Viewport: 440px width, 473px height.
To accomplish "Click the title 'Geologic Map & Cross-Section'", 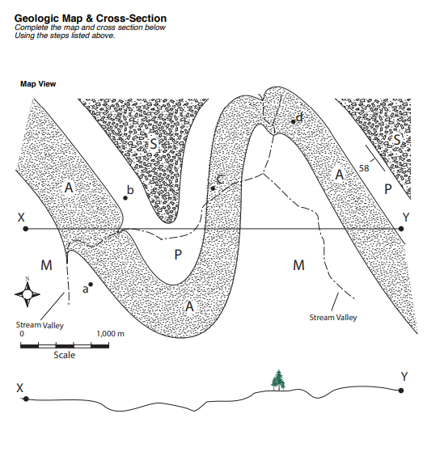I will pyautogui.click(x=91, y=19).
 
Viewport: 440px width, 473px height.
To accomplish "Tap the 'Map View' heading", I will pyautogui.click(x=38, y=83).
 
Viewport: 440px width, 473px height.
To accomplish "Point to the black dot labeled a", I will pyautogui.click(x=91, y=285).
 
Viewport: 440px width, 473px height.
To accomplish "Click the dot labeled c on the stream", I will pyautogui.click(x=213, y=188).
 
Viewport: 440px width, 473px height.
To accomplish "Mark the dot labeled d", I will pyautogui.click(x=292, y=123).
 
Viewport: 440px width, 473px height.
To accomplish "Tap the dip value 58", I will pyautogui.click(x=363, y=168).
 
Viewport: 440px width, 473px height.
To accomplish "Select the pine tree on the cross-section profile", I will pyautogui.click(x=279, y=379).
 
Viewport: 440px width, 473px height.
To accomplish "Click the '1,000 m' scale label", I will pyautogui.click(x=110, y=333).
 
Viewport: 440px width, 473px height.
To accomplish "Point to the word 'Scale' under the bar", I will pyautogui.click(x=65, y=355).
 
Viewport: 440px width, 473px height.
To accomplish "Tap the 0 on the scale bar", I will pyautogui.click(x=22, y=333).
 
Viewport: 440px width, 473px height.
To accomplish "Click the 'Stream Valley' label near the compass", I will pyautogui.click(x=40, y=325).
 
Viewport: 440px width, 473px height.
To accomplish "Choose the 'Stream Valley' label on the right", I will pyautogui.click(x=333, y=318).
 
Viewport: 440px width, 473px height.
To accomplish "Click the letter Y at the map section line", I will pyautogui.click(x=406, y=217).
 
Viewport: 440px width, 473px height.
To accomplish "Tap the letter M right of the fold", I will pyautogui.click(x=298, y=265).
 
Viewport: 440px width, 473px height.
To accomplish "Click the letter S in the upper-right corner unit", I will pyautogui.click(x=396, y=140).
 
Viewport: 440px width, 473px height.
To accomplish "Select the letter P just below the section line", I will pyautogui.click(x=178, y=255).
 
